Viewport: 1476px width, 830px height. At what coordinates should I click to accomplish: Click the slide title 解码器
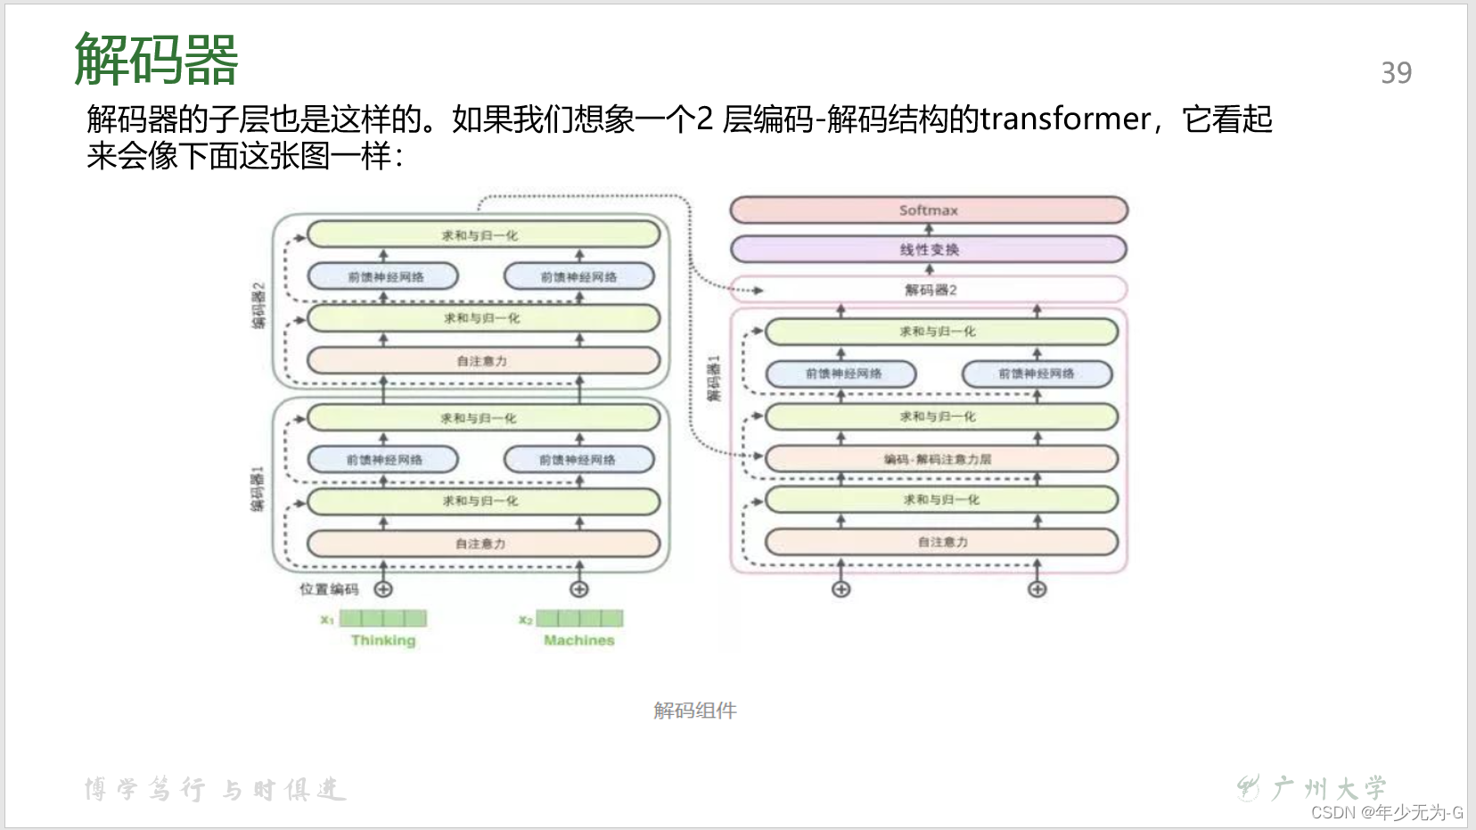156,59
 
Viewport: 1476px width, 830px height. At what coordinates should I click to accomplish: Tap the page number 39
1396,73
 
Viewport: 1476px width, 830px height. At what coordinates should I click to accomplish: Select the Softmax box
929,210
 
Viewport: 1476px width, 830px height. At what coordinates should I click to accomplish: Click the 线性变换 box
929,250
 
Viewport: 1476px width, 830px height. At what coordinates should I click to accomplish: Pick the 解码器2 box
929,290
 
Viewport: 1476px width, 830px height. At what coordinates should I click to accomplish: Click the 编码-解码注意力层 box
941,459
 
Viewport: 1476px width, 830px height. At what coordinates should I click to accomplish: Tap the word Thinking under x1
383,640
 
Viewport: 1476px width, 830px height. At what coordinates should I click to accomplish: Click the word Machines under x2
579,640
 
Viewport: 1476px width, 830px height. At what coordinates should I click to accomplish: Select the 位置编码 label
329,589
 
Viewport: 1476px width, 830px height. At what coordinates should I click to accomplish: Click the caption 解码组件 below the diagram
695,711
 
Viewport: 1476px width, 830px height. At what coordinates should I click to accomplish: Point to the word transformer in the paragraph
1065,119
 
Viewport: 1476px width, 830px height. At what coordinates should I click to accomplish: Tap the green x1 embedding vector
383,618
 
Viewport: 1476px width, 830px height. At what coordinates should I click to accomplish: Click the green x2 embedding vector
579,618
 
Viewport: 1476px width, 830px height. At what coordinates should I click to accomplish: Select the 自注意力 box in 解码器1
941,542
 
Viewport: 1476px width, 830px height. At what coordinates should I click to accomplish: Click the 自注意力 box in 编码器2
483,361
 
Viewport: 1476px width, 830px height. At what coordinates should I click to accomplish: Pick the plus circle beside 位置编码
383,589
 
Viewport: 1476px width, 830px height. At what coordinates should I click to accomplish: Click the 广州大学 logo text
1328,788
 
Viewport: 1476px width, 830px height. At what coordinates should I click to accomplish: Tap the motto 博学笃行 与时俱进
215,790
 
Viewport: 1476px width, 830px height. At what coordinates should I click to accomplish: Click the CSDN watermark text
1387,812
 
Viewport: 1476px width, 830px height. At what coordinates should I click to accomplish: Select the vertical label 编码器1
258,489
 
